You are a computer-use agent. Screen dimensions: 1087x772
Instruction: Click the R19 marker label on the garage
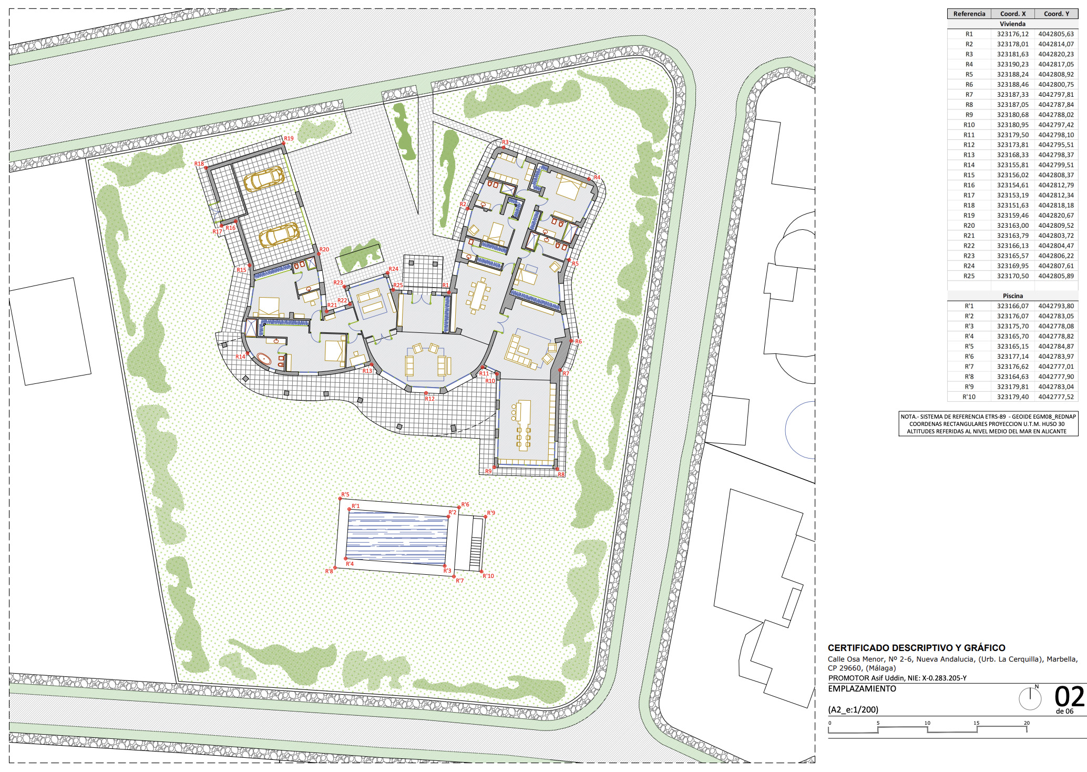[x=289, y=138]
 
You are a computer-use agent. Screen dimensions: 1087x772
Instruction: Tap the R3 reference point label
[x=505, y=142]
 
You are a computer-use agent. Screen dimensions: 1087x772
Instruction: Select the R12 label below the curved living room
[x=429, y=399]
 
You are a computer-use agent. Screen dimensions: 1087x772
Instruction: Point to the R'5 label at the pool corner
[x=345, y=494]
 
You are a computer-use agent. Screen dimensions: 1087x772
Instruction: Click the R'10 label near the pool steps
[x=488, y=576]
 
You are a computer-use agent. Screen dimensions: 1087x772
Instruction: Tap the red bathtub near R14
[x=264, y=360]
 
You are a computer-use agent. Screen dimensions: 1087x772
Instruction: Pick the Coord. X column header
[x=1013, y=14]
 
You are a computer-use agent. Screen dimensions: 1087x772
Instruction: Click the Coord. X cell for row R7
[x=1013, y=95]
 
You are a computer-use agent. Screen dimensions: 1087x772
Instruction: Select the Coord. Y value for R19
[x=1056, y=216]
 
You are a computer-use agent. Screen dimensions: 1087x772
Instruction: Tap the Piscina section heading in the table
[x=1013, y=296]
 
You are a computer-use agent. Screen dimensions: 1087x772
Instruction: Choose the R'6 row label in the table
[x=969, y=357]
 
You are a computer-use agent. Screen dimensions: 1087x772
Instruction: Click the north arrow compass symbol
[x=1030, y=697]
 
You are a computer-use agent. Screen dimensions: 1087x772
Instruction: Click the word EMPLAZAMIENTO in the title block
[x=862, y=688]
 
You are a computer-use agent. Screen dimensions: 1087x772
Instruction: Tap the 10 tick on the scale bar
[x=927, y=723]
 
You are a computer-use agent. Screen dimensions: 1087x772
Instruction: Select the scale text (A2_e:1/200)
[x=853, y=709]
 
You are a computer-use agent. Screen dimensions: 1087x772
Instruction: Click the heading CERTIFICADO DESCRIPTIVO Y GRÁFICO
[x=917, y=648]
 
